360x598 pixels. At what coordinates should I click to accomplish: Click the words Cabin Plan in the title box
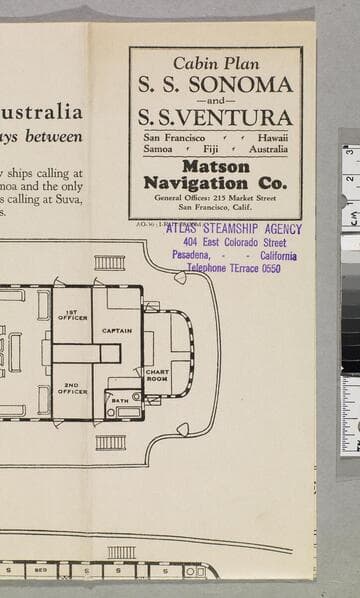coord(216,62)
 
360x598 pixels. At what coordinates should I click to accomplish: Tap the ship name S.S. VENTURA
coord(216,117)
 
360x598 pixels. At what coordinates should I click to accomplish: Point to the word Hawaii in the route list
coord(272,137)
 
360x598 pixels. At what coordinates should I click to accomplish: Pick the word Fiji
coord(216,149)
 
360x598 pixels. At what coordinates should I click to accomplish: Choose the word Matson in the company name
coord(216,167)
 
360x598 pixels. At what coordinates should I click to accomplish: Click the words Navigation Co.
coord(216,183)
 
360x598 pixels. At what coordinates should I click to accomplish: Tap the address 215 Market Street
coord(243,198)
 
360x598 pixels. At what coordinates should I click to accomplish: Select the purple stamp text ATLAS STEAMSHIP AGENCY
coord(234,229)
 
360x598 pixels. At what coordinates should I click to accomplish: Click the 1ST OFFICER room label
coord(71,315)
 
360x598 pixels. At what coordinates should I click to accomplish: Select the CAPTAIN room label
coord(117,330)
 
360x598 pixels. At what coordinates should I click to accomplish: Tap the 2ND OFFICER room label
coord(71,388)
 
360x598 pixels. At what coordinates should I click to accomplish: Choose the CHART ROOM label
coord(157,376)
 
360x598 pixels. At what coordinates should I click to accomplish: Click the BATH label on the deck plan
coord(119,400)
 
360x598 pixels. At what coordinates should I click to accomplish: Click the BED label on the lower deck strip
coord(40,570)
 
